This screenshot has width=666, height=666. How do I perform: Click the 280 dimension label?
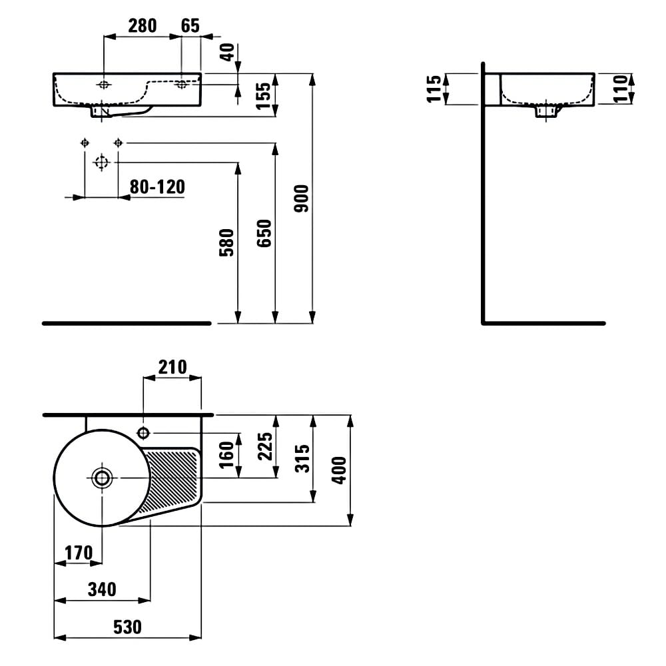point(143,26)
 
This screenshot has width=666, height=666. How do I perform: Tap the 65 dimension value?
point(190,26)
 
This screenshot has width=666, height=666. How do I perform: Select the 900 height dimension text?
point(302,198)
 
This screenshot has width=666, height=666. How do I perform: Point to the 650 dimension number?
point(264,233)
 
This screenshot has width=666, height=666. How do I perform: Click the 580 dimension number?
point(227,242)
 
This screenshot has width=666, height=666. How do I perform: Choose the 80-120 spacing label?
point(158,187)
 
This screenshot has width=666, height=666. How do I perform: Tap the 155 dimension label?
point(264,96)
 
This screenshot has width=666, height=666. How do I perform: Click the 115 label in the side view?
point(434,89)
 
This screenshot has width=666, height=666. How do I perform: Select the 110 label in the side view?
point(621,89)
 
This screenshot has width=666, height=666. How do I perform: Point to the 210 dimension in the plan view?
point(172,368)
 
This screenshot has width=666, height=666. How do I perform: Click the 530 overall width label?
point(127,627)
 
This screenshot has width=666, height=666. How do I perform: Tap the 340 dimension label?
point(102,589)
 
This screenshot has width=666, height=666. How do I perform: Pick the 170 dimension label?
point(79,553)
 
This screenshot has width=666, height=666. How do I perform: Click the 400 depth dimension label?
point(339,470)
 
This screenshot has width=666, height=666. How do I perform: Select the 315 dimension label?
point(302,459)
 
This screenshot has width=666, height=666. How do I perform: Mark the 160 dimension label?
point(227,455)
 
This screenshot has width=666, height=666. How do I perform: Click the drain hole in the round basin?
point(102,478)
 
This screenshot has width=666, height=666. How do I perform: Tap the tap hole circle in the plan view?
point(144,433)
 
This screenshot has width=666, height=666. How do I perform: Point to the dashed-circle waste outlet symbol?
point(101,163)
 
